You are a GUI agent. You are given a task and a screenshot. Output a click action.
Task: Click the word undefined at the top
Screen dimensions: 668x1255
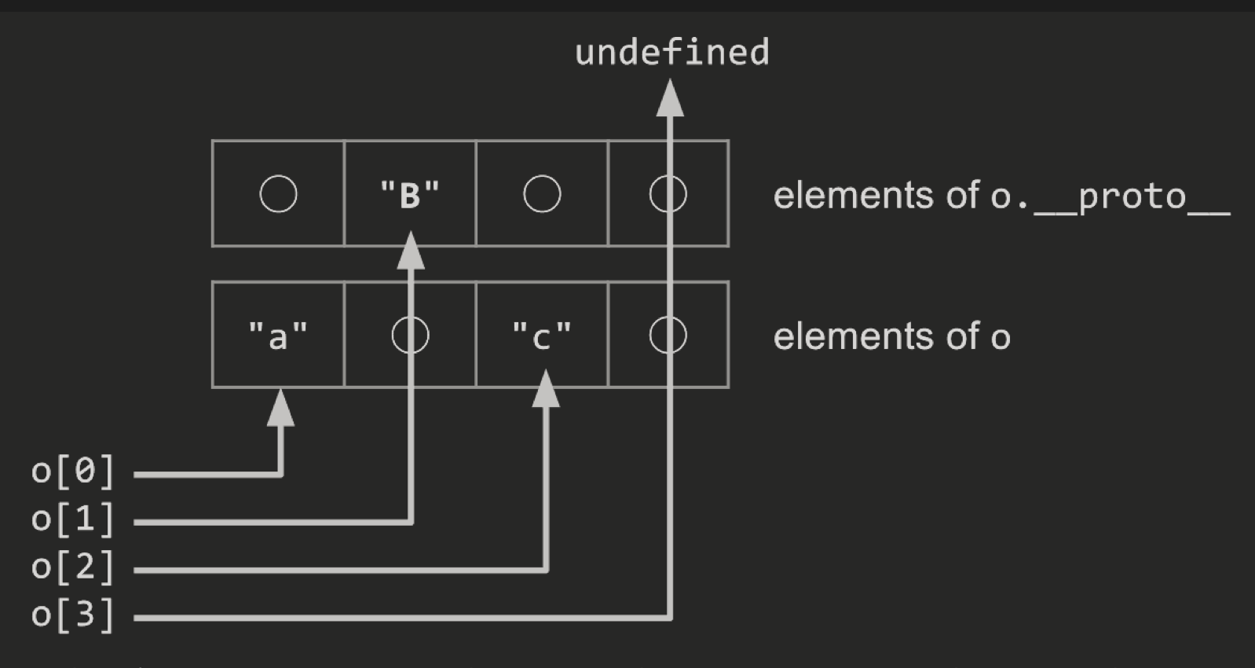pyautogui.click(x=671, y=53)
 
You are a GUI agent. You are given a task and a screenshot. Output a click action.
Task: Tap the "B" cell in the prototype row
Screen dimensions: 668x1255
pyautogui.click(x=409, y=194)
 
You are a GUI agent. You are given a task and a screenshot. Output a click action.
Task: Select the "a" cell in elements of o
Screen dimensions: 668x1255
pyautogui.click(x=277, y=336)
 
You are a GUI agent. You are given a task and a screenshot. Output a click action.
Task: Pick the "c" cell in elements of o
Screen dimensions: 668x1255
pyautogui.click(x=541, y=336)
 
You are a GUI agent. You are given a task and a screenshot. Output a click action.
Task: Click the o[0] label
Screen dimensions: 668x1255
pyautogui.click(x=73, y=472)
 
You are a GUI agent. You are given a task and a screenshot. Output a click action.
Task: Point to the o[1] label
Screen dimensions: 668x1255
pyautogui.click(x=73, y=519)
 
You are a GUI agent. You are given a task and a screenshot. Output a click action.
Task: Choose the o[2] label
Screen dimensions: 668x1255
pyautogui.click(x=73, y=567)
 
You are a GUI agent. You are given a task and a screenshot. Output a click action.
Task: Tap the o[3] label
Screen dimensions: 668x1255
pyautogui.click(x=73, y=615)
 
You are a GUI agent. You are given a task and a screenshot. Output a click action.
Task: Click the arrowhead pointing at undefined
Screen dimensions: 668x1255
pyautogui.click(x=670, y=99)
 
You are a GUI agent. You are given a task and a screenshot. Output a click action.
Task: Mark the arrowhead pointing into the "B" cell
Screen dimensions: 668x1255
pyautogui.click(x=410, y=251)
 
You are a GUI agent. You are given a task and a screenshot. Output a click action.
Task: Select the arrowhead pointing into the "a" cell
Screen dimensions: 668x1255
pyautogui.click(x=280, y=409)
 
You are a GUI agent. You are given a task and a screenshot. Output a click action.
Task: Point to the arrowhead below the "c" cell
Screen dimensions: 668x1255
pyautogui.click(x=546, y=391)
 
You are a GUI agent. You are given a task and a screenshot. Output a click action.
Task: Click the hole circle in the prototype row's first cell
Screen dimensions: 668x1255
pyautogui.click(x=278, y=194)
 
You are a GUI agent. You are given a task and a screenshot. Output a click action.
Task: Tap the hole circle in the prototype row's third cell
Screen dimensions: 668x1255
pyautogui.click(x=542, y=194)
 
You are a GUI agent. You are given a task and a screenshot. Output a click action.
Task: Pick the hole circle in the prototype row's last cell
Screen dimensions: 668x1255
pyautogui.click(x=668, y=194)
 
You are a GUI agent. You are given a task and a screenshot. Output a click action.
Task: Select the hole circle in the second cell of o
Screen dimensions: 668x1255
pyautogui.click(x=410, y=336)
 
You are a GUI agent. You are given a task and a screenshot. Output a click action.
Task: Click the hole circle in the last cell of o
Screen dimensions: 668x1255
pyautogui.click(x=668, y=336)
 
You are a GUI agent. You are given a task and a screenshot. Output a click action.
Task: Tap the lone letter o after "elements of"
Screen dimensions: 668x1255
pyautogui.click(x=1000, y=338)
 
